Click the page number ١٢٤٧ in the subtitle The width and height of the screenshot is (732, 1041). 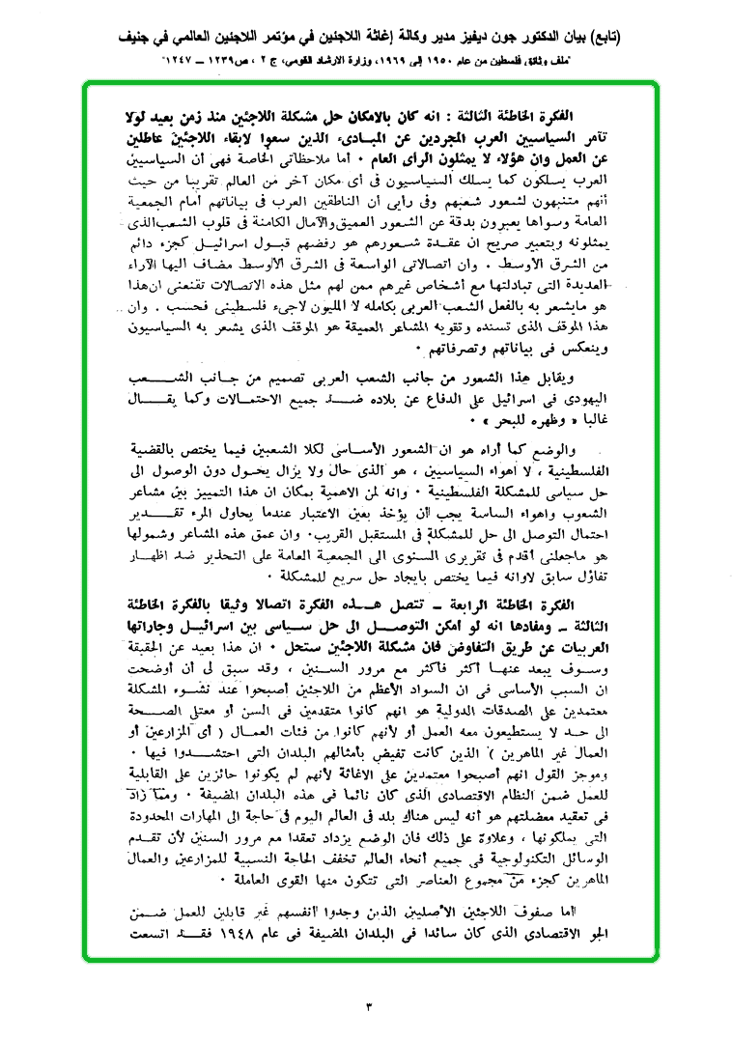click(183, 58)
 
